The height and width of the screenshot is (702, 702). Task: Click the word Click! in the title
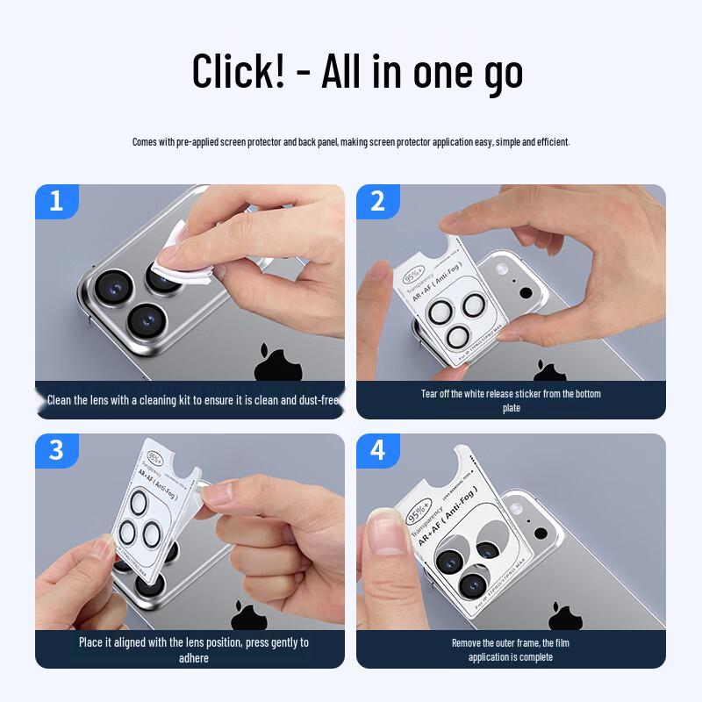click(x=238, y=70)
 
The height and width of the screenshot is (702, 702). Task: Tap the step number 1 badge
click(x=57, y=201)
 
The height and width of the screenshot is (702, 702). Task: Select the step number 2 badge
click(x=378, y=201)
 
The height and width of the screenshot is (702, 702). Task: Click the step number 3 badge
click(x=57, y=450)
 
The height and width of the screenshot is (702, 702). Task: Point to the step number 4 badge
click(x=378, y=450)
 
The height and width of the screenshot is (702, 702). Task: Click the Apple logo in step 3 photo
click(x=248, y=615)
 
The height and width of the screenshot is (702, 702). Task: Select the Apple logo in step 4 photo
click(x=565, y=615)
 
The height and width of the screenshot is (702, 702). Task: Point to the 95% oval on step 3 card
click(x=154, y=457)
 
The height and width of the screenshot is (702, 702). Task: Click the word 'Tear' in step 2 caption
click(x=429, y=394)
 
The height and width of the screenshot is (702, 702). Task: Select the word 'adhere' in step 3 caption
click(x=193, y=658)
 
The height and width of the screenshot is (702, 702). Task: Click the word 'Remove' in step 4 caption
click(x=468, y=643)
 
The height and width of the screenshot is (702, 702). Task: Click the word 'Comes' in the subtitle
click(x=145, y=141)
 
